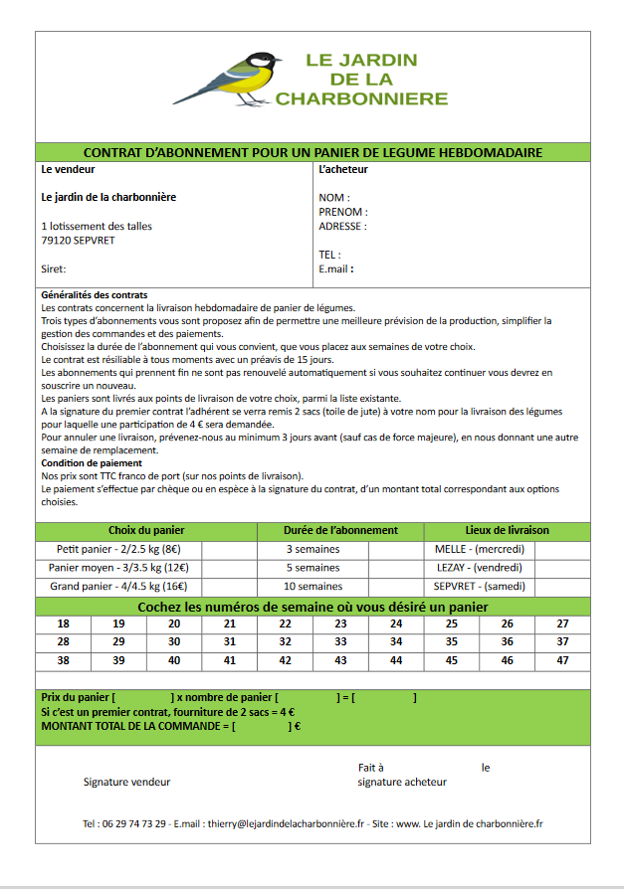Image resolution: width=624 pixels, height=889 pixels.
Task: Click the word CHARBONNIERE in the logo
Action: tap(361, 98)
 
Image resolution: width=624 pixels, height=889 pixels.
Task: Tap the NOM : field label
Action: tap(332, 198)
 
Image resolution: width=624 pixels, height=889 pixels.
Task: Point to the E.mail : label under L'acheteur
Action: tap(336, 268)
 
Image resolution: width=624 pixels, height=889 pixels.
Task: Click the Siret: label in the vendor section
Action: tap(54, 268)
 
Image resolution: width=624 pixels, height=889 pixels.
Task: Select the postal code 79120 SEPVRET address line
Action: tap(78, 240)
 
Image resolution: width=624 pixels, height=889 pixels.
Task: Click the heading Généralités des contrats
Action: tap(95, 295)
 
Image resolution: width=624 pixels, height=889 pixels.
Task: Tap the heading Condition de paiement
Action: tap(92, 462)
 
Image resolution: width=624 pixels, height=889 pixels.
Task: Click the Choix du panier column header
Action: tap(146, 530)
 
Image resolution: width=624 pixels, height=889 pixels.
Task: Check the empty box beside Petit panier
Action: tap(229, 549)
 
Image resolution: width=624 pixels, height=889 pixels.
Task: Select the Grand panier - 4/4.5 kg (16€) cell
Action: tap(118, 587)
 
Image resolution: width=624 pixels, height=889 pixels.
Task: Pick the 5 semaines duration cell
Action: tap(313, 568)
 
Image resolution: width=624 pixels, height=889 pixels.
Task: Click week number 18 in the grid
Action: tap(64, 623)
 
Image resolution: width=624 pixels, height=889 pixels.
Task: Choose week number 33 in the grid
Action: tap(340, 642)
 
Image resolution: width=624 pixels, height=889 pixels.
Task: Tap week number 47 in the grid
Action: tap(562, 660)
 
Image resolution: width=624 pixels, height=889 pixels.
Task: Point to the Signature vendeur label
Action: tap(126, 782)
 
